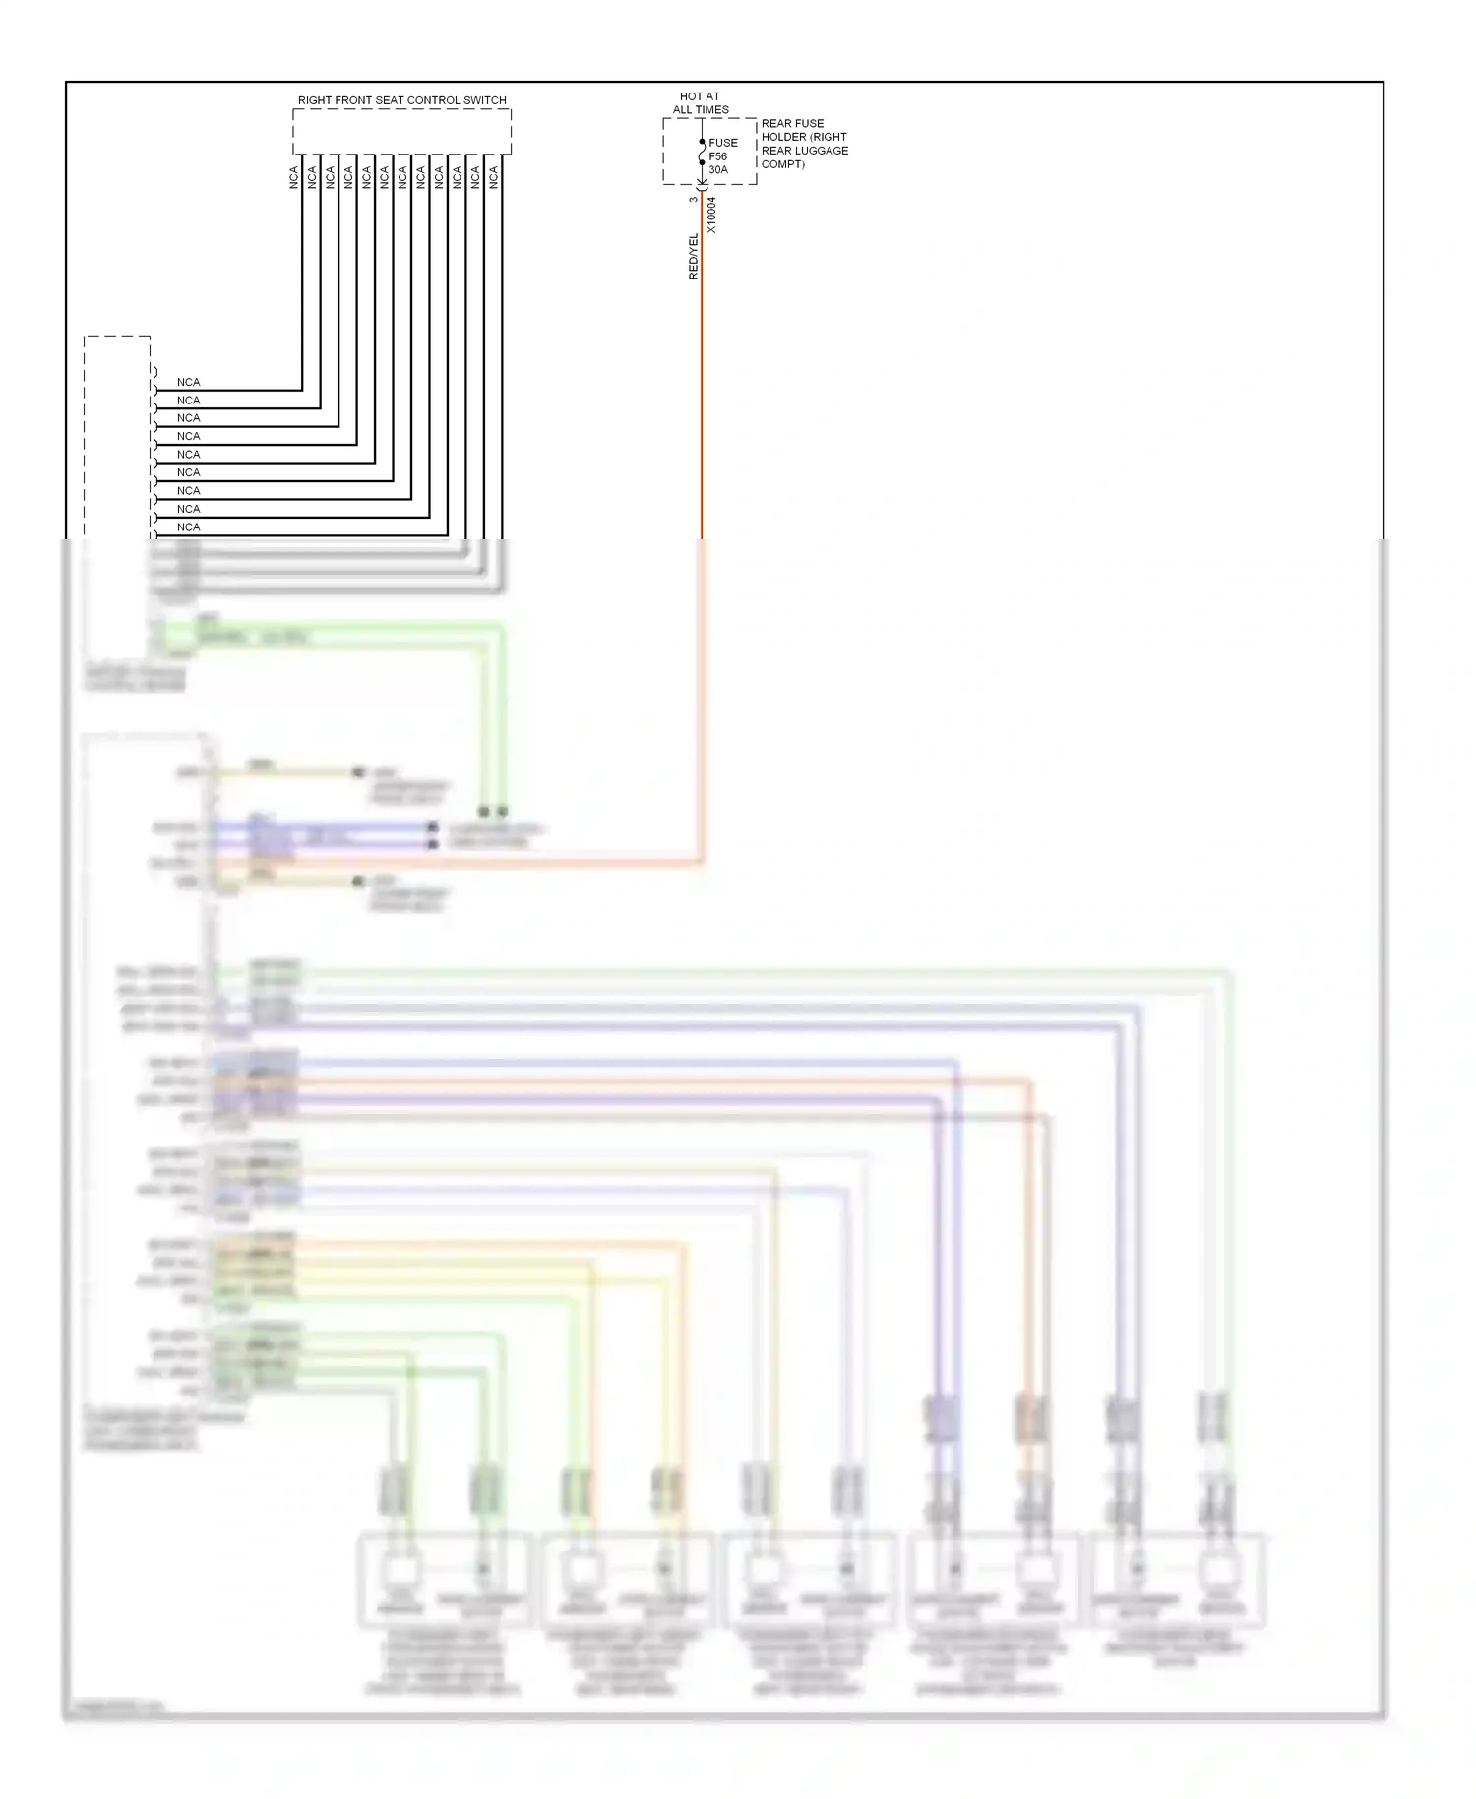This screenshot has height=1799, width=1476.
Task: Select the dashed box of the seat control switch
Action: click(x=401, y=131)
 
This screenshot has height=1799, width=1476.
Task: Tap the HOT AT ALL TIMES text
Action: click(x=701, y=103)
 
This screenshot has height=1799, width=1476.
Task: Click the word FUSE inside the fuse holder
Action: click(x=723, y=143)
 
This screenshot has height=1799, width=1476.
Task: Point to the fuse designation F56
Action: click(x=718, y=156)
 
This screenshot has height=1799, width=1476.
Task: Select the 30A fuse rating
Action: click(x=718, y=170)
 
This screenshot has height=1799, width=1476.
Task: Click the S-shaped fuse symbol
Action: click(x=702, y=153)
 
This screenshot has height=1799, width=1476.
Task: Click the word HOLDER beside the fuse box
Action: click(x=783, y=137)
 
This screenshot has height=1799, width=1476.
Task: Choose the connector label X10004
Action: click(x=711, y=215)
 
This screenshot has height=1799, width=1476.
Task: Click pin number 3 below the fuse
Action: click(x=693, y=200)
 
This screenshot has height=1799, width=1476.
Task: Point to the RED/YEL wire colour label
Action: click(x=693, y=256)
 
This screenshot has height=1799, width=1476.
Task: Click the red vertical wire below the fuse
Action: click(x=702, y=394)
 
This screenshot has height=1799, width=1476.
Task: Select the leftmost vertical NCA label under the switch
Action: click(x=293, y=177)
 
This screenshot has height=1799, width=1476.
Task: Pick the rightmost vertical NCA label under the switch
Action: click(x=494, y=177)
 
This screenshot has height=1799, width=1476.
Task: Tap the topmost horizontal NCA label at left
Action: click(x=188, y=382)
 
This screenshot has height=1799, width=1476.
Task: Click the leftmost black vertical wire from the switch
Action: click(x=302, y=276)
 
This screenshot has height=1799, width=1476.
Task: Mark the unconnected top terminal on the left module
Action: click(x=154, y=371)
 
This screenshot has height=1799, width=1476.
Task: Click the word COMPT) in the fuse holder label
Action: click(x=783, y=164)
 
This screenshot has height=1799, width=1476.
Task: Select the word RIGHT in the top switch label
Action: click(x=315, y=100)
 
